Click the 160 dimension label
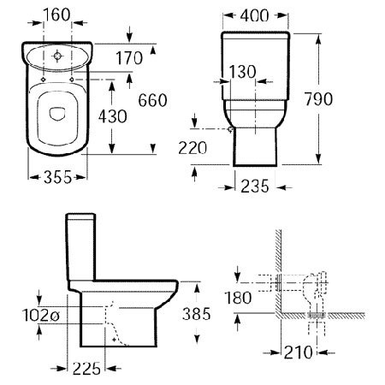click(x=56, y=15)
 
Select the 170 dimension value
click(x=129, y=58)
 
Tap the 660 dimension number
click(x=152, y=100)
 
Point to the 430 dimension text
click(x=113, y=116)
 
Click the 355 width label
click(x=57, y=177)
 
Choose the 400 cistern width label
click(x=254, y=15)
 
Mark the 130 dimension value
click(x=242, y=72)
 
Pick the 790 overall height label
click(x=318, y=99)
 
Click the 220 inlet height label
click(x=192, y=148)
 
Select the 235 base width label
click(x=255, y=187)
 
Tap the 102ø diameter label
click(x=41, y=316)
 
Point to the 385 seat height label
click(x=197, y=314)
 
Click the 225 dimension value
click(x=86, y=369)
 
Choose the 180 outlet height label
click(x=238, y=298)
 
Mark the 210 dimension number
click(x=299, y=352)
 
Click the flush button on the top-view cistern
click(x=57, y=56)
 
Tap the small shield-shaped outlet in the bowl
click(x=57, y=113)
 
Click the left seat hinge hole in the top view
click(x=43, y=80)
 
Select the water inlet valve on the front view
click(x=230, y=130)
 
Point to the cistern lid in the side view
click(x=80, y=216)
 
